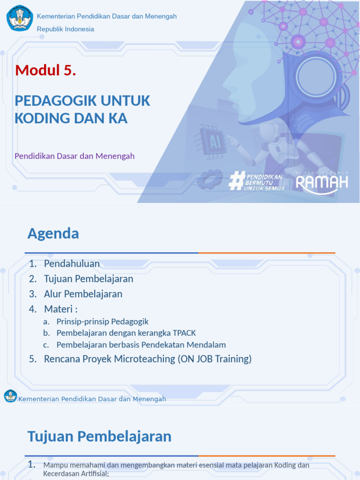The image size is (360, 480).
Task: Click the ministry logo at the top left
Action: click(20, 18)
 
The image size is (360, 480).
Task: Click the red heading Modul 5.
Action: click(45, 70)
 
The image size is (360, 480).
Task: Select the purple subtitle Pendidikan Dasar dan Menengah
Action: click(75, 156)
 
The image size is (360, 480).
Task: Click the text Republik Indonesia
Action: click(66, 29)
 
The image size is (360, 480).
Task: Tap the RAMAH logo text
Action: click(322, 183)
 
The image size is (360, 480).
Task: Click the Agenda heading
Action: click(53, 233)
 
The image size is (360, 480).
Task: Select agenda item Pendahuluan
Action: click(72, 263)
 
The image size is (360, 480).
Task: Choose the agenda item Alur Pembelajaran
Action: click(83, 294)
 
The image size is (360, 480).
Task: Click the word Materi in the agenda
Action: click(58, 309)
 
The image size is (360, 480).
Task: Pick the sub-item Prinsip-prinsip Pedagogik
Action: click(102, 322)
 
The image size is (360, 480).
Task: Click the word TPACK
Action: click(184, 333)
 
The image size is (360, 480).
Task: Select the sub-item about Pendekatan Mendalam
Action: click(141, 345)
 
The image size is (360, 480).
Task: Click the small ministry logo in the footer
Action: click(10, 396)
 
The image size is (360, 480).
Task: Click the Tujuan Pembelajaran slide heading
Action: click(99, 436)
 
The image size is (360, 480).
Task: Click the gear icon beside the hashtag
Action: click(210, 179)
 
